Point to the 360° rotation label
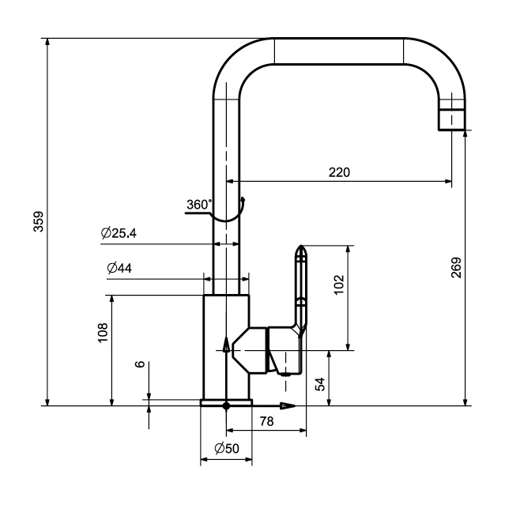pos(199,205)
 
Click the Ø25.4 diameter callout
pos(119,234)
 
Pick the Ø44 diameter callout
pos(119,268)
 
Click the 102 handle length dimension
pos(338,284)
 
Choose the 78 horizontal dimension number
pos(267,423)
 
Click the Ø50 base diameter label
pos(226,449)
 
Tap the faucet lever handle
pos(300,285)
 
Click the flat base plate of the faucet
pos(226,402)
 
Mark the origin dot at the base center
pos(227,406)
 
